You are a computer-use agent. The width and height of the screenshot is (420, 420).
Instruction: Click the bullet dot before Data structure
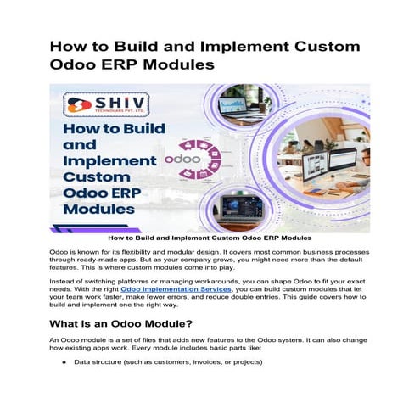tap(64, 386)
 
